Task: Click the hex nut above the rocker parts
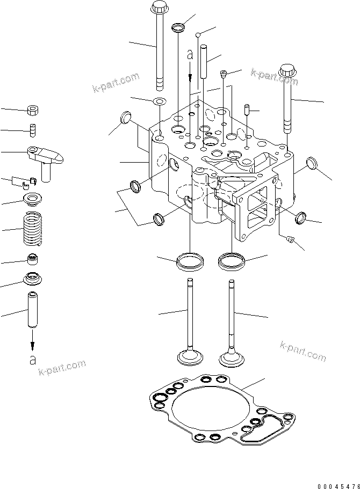click(32, 111)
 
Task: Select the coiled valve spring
click(32, 228)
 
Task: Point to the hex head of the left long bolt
click(160, 9)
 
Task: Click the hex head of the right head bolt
click(288, 71)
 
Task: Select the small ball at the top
click(198, 35)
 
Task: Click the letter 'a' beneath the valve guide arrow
click(33, 359)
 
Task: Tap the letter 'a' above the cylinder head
click(189, 55)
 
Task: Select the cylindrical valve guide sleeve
click(32, 310)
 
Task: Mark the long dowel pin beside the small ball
click(204, 62)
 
